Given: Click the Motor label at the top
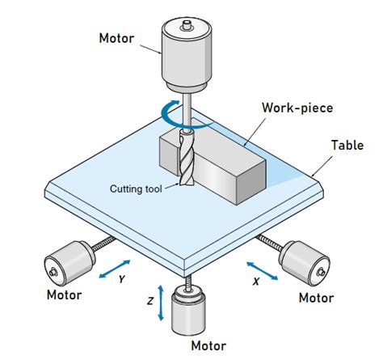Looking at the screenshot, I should point(116,38).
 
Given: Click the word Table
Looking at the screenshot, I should point(347,145).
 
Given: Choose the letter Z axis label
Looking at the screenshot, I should point(151,300).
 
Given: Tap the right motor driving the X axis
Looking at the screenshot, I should point(304,260).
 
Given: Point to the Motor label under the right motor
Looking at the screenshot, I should point(316,298).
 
